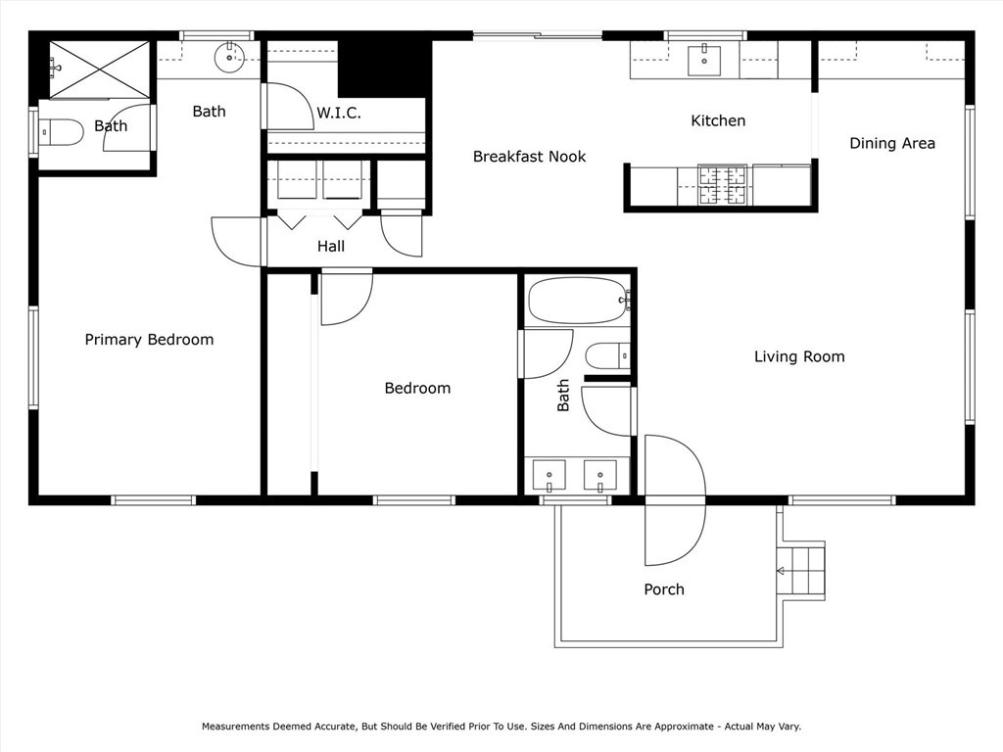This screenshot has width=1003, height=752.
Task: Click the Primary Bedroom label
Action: tap(149, 340)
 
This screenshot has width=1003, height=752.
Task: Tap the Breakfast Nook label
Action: tap(529, 157)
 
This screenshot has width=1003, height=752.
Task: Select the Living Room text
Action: tap(798, 356)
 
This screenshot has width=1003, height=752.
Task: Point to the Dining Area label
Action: tap(891, 143)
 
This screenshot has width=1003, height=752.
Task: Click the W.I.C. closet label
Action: tap(338, 114)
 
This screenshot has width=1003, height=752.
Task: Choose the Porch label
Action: tap(663, 589)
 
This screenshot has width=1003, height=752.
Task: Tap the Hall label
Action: tap(330, 247)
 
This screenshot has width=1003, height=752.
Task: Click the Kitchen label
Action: tap(718, 120)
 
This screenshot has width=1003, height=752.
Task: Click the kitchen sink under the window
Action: tap(703, 59)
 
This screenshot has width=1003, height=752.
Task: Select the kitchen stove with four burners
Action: tap(722, 183)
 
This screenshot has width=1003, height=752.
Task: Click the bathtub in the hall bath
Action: tap(577, 301)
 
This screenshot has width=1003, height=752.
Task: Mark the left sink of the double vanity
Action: tap(549, 476)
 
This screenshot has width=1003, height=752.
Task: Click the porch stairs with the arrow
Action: tap(800, 570)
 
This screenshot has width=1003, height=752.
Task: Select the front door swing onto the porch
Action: tap(674, 534)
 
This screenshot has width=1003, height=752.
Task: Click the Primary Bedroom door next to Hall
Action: tap(237, 242)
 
